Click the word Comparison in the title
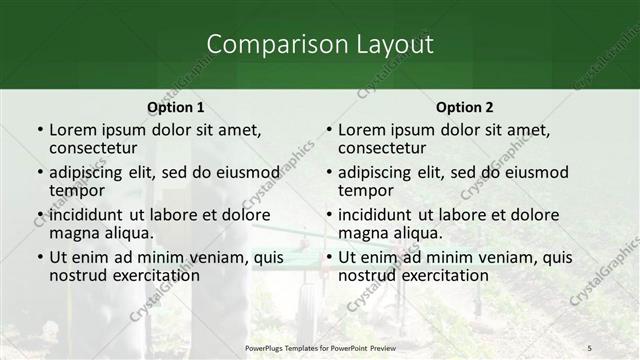268,44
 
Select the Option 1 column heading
176,107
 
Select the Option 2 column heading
465,107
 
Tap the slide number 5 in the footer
589,347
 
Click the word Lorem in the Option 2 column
360,130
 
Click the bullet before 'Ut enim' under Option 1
39,257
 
